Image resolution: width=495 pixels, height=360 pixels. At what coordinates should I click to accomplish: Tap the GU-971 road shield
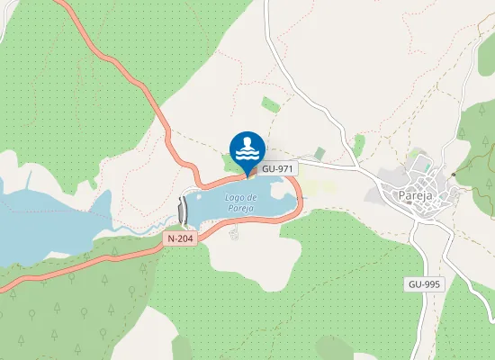click(x=279, y=168)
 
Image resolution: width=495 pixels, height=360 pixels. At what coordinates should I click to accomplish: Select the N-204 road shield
click(x=181, y=239)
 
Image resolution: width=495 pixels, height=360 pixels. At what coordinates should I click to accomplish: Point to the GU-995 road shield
click(x=423, y=283)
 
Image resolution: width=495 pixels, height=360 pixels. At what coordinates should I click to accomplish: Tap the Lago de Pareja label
click(x=241, y=202)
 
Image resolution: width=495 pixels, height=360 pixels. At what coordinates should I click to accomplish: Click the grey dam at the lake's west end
click(x=184, y=210)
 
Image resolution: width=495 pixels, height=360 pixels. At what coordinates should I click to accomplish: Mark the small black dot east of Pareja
click(x=454, y=174)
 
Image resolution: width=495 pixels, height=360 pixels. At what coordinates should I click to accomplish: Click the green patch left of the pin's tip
click(x=230, y=162)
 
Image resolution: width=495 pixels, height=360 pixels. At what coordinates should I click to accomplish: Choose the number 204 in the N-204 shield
click(x=185, y=239)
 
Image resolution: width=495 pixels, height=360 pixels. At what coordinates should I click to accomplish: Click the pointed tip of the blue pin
click(x=247, y=175)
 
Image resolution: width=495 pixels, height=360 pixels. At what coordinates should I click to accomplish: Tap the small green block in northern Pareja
click(x=420, y=163)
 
